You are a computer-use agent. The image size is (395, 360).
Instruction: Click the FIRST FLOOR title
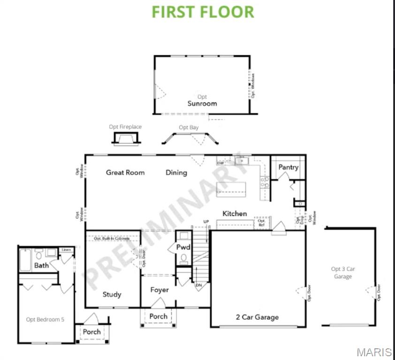(x=203, y=12)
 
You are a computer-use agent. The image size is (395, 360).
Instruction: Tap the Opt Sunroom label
(x=202, y=100)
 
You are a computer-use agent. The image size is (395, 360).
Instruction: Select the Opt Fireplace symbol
(x=125, y=138)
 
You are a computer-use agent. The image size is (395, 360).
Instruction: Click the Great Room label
(x=125, y=172)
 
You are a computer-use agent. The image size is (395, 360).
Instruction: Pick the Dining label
(x=176, y=172)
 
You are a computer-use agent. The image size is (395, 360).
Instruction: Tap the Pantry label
(x=289, y=167)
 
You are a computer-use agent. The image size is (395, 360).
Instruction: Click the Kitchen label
(x=235, y=214)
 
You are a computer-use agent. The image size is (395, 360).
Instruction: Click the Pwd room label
(x=183, y=247)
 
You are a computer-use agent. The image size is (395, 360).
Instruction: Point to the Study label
(x=112, y=294)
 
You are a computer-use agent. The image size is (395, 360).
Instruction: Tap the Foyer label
(x=160, y=290)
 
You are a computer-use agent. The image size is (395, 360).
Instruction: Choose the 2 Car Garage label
(x=257, y=317)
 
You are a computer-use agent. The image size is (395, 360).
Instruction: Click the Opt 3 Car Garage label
(x=343, y=273)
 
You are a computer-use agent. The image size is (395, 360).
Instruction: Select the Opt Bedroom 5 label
(x=45, y=320)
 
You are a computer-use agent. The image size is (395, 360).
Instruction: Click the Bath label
(x=41, y=266)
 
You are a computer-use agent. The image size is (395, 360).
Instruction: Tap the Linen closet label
(x=66, y=250)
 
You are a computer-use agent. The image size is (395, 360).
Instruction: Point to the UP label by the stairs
(x=206, y=221)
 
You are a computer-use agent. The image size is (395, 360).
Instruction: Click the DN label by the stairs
(x=199, y=285)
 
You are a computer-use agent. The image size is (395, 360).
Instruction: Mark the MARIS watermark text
(x=374, y=352)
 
